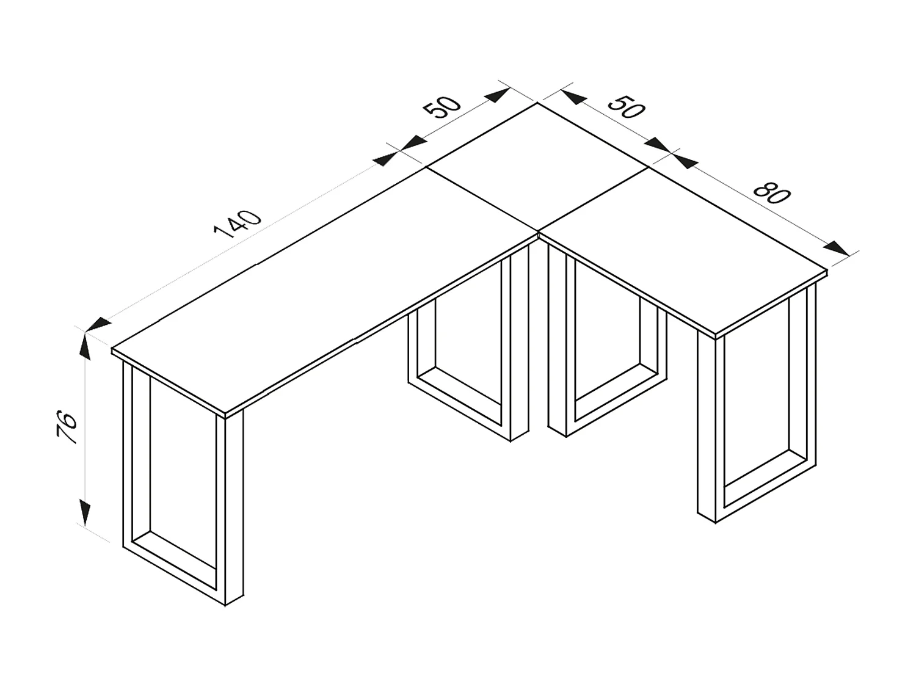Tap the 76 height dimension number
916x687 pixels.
[67, 427]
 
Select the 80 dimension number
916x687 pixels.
[772, 193]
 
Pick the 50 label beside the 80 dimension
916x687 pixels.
[626, 107]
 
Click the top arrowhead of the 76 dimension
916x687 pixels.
[84, 346]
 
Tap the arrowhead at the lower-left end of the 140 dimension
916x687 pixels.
[98, 324]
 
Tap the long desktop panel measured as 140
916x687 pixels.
[318, 293]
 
